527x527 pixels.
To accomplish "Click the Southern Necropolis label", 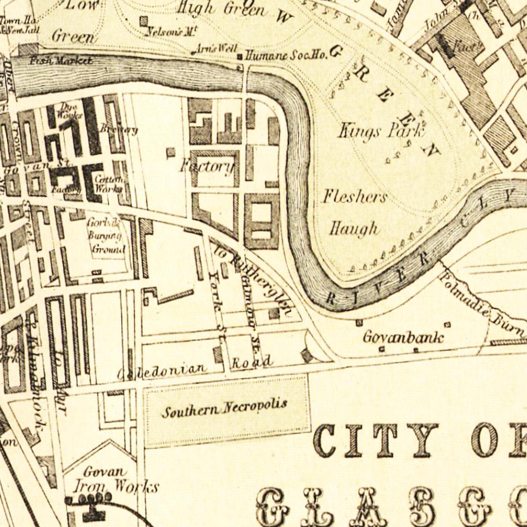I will coord(224,408).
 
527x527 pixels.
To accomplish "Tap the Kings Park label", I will coord(380,130).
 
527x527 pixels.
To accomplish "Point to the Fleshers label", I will coord(355,197).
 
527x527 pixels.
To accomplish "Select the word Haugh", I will coord(354,228).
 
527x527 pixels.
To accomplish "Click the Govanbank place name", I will coord(403,337).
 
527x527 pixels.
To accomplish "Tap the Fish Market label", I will coord(61,61).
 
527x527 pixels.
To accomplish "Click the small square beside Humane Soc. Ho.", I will coord(240,57).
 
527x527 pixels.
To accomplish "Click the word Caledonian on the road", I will coord(162,371).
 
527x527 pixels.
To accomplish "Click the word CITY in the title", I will coord(375,440).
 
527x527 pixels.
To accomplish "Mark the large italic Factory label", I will coord(206,167).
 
